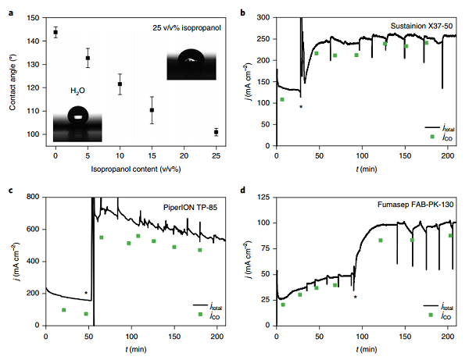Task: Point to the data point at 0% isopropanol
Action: tap(55, 32)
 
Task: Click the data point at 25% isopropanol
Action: tap(216, 132)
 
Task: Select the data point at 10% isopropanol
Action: tap(120, 84)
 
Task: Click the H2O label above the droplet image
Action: tap(78, 91)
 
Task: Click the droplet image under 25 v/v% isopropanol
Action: tap(188, 63)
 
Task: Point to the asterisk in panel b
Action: tap(301, 105)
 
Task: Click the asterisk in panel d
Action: tap(355, 297)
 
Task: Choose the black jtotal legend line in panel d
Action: tap(431, 306)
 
